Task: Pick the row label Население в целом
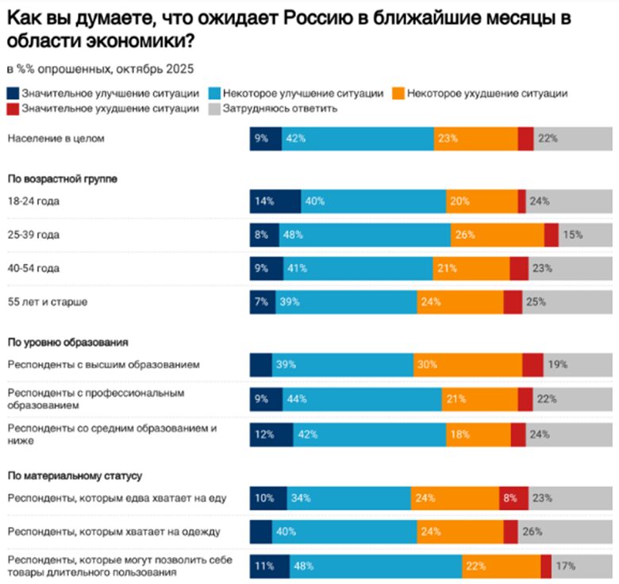pyautogui.click(x=56, y=138)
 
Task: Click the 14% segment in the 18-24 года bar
pyautogui.click(x=275, y=202)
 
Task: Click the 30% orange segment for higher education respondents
pyautogui.click(x=467, y=364)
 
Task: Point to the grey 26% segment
pyautogui.click(x=561, y=532)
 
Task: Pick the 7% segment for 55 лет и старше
pyautogui.click(x=263, y=302)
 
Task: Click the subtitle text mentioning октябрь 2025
pyautogui.click(x=99, y=69)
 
